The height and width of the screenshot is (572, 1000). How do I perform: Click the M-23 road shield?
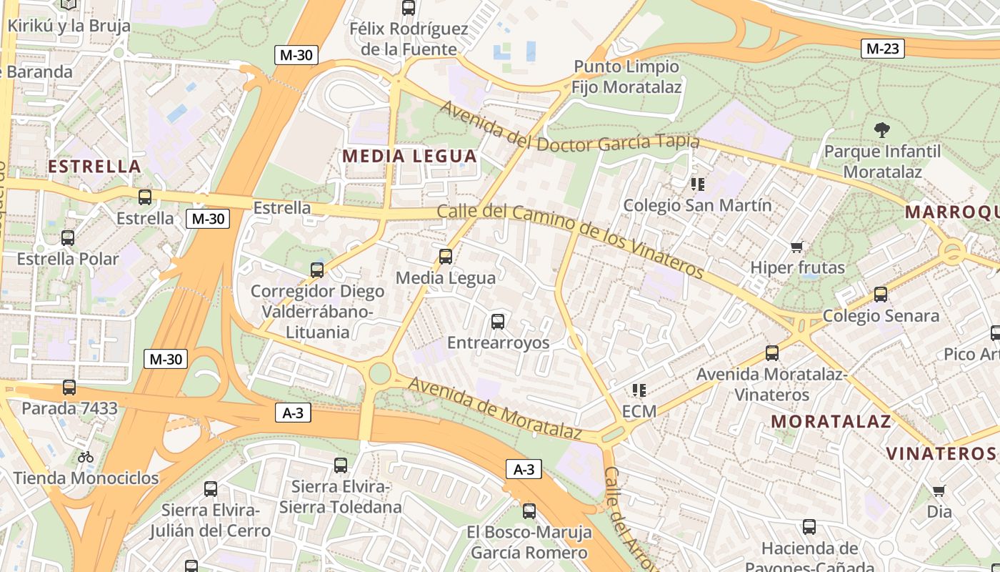(883, 49)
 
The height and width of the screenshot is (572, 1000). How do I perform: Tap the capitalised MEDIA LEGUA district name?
(409, 156)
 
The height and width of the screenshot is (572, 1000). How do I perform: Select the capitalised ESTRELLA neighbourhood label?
(94, 167)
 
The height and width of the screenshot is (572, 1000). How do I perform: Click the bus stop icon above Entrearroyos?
(498, 322)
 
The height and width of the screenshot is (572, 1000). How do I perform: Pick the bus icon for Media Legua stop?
(446, 256)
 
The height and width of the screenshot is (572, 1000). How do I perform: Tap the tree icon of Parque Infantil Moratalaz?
(881, 130)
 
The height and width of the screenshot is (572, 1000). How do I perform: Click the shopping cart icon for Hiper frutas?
(797, 247)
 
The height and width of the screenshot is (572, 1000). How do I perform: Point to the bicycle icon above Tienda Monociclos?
(86, 456)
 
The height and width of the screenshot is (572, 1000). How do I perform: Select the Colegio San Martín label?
(697, 205)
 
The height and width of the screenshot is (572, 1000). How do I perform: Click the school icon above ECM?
(639, 390)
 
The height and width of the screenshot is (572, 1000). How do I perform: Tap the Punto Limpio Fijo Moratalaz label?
(626, 77)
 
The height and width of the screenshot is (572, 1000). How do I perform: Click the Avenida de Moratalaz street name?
(494, 408)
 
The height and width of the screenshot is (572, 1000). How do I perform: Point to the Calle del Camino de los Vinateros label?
(570, 240)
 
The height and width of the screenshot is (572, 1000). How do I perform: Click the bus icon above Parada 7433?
(69, 388)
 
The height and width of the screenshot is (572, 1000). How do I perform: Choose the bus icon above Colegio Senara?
(881, 294)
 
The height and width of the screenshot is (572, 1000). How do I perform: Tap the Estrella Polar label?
(68, 258)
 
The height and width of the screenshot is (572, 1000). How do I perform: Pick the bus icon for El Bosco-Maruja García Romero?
(529, 511)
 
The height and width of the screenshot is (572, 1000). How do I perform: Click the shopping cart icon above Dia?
(939, 490)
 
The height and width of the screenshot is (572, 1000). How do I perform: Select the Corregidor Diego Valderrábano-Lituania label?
(317, 312)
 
